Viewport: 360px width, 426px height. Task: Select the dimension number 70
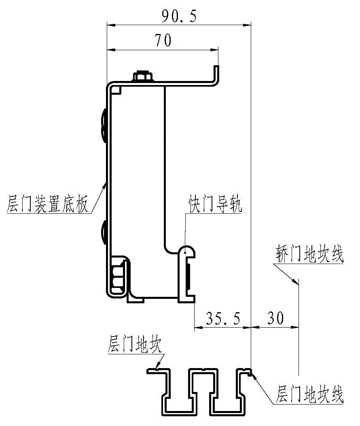click(x=163, y=40)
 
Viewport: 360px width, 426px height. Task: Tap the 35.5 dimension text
click(x=223, y=318)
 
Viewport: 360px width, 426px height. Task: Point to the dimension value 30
click(x=275, y=318)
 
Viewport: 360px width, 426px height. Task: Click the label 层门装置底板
click(x=48, y=203)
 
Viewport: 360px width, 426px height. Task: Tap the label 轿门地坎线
click(x=309, y=254)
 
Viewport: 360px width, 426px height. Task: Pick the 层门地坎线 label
click(x=309, y=394)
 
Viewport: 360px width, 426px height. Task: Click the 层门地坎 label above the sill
click(x=135, y=344)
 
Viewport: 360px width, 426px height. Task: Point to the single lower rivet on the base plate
click(x=104, y=233)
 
